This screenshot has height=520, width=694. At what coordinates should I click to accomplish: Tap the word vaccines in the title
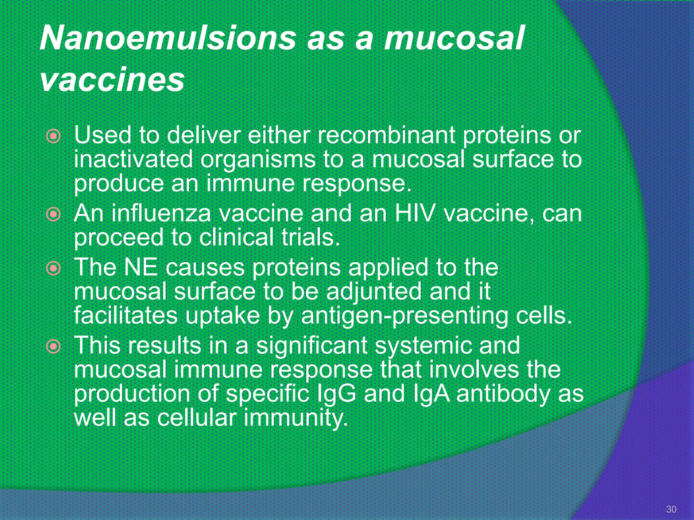click(112, 80)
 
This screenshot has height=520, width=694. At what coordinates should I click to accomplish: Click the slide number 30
click(671, 509)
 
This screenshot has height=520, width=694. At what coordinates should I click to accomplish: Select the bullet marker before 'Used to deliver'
click(54, 136)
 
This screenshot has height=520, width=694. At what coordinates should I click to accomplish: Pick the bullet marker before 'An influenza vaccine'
click(54, 214)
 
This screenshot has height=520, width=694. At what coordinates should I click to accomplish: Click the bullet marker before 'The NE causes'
click(54, 268)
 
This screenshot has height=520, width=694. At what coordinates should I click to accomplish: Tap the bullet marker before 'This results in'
click(54, 346)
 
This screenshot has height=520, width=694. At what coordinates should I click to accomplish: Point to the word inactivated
click(133, 159)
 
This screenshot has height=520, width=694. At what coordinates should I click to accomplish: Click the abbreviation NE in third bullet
click(141, 267)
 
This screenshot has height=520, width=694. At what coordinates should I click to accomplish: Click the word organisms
click(258, 159)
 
